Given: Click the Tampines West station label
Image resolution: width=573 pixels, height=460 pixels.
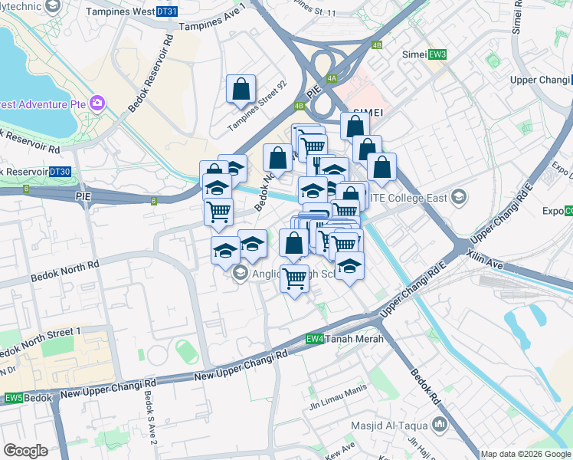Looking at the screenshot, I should pyautogui.click(x=120, y=12).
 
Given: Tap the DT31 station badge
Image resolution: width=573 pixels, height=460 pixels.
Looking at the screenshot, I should pyautogui.click(x=166, y=12).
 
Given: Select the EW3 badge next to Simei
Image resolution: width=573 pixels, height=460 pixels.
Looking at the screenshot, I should pyautogui.click(x=437, y=54).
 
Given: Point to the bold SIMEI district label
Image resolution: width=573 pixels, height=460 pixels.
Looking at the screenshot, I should pyautogui.click(x=367, y=111).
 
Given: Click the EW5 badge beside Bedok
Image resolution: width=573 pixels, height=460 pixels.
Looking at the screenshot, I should pyautogui.click(x=13, y=398).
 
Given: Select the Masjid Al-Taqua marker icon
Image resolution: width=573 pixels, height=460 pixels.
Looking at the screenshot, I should pyautogui.click(x=440, y=424).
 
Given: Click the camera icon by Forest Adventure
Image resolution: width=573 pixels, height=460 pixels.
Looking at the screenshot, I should pyautogui.click(x=97, y=102).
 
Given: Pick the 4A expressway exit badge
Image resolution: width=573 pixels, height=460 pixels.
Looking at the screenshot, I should pyautogui.click(x=332, y=78).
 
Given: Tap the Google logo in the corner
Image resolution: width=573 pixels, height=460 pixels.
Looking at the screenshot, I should pyautogui.click(x=25, y=451).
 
